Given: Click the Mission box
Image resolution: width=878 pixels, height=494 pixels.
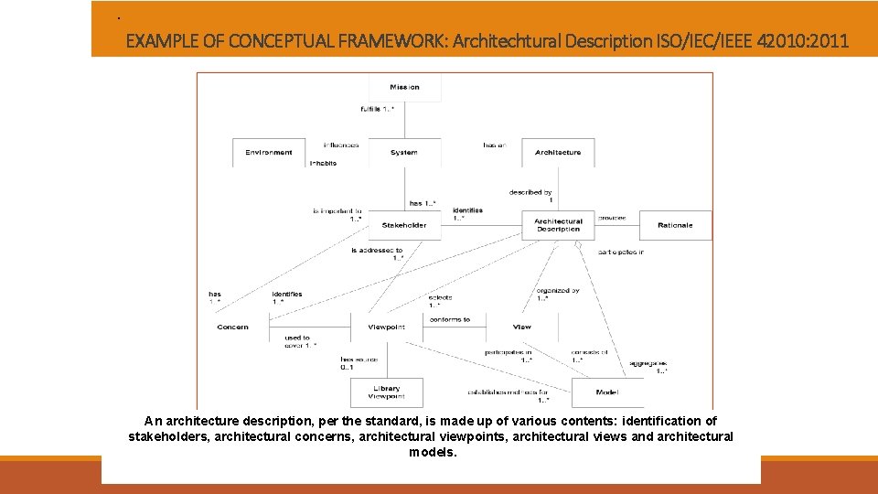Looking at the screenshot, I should (x=404, y=88).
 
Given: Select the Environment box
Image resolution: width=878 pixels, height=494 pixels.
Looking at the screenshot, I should (x=269, y=153).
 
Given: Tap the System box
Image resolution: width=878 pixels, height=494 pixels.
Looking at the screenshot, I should (x=403, y=153).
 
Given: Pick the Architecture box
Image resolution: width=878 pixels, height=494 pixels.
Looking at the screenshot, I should (x=558, y=153).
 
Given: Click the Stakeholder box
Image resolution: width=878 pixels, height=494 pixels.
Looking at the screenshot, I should (x=404, y=225).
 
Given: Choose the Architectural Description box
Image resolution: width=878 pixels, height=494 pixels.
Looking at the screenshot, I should (x=558, y=225).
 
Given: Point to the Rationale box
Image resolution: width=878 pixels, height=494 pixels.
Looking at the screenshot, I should (x=675, y=225).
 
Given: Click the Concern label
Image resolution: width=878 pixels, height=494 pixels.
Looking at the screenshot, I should (x=232, y=327).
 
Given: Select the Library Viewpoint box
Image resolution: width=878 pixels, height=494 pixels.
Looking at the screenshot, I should (x=386, y=392).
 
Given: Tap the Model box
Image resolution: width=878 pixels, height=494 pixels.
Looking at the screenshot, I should (x=606, y=392).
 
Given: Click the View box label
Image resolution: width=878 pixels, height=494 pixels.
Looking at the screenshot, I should (x=522, y=327).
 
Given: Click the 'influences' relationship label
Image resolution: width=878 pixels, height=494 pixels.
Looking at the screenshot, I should (x=341, y=145).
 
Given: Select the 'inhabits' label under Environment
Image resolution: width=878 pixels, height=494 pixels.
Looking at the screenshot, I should (x=323, y=163).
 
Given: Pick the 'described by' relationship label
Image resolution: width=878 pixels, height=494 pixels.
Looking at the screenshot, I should (x=530, y=193).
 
